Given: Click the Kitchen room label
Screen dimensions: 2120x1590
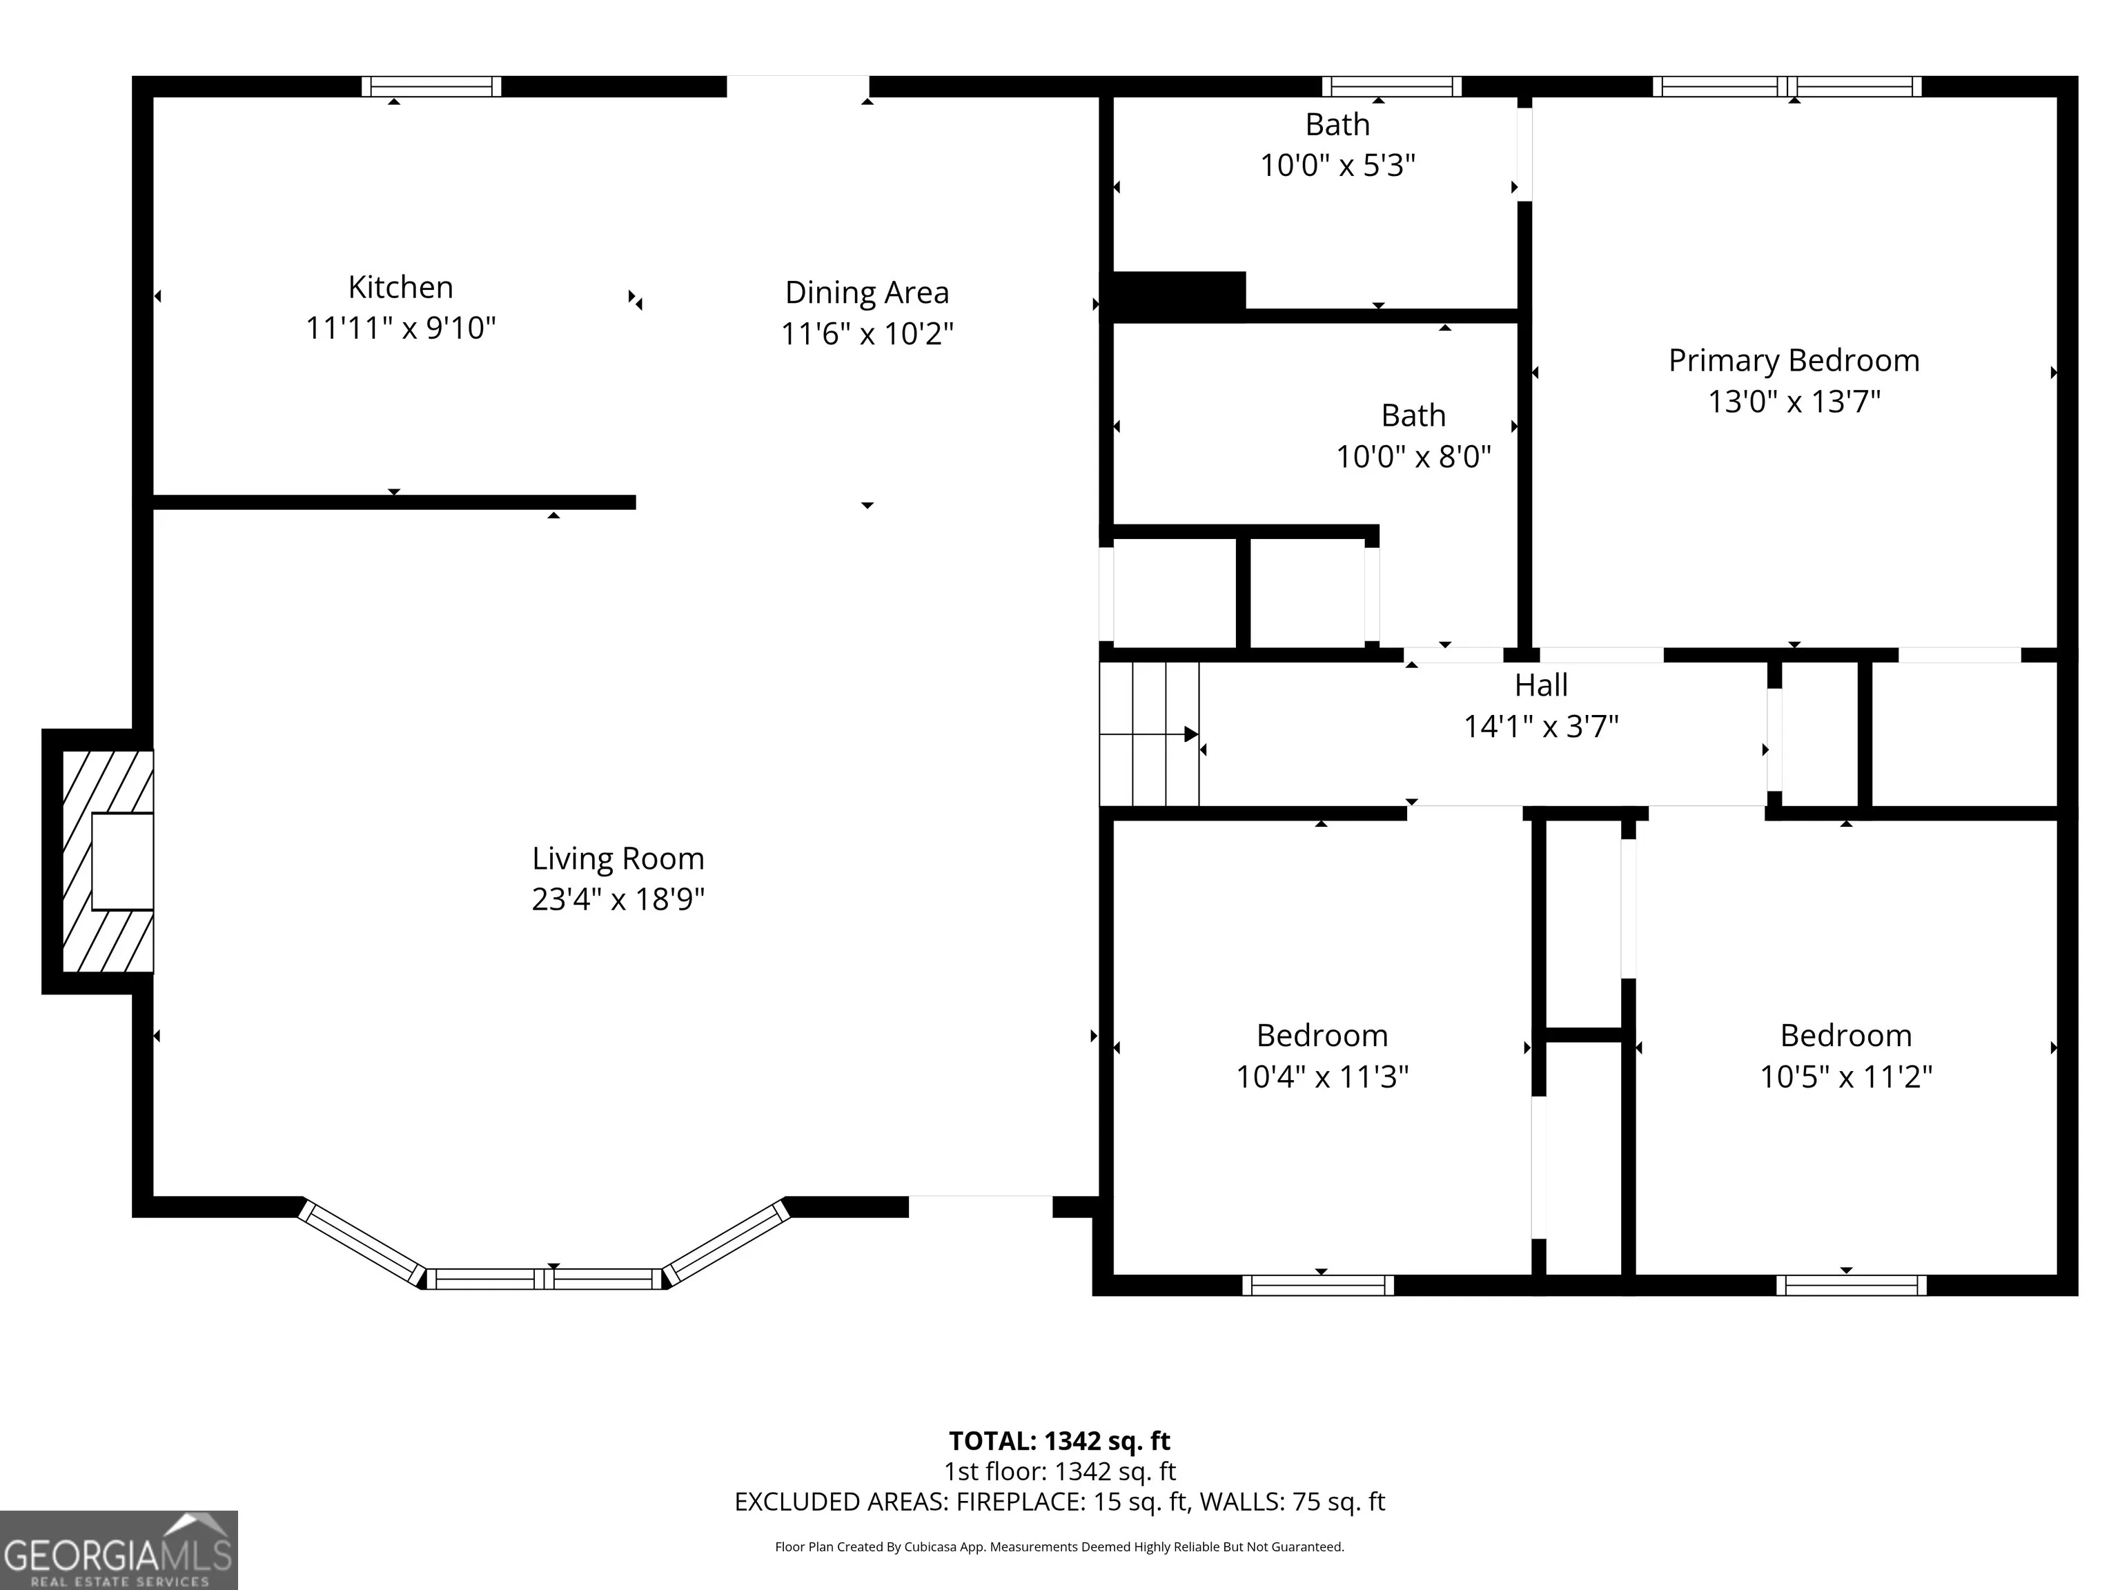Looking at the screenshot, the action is click(x=401, y=288).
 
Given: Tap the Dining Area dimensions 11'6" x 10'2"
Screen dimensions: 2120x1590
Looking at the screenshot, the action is click(x=867, y=333).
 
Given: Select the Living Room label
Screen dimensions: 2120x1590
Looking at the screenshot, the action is click(x=618, y=858).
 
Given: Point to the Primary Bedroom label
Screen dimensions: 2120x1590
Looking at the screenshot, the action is click(x=1794, y=362).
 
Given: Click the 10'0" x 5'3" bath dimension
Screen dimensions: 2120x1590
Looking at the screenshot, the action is click(x=1338, y=166).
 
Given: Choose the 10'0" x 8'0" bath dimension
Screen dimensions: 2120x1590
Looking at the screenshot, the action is click(x=1413, y=457).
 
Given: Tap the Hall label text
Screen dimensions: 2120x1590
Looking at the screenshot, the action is click(x=1541, y=685).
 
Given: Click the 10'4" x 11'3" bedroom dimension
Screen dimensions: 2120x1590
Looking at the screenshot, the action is click(x=1323, y=1077).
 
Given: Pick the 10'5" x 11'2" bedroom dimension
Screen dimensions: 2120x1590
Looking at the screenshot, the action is click(x=1846, y=1077).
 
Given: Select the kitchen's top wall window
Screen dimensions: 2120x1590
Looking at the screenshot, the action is click(x=431, y=86).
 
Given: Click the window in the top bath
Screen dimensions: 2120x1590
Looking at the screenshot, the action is click(x=1392, y=86).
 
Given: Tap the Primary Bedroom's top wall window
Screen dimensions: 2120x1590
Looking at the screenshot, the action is click(x=1787, y=86).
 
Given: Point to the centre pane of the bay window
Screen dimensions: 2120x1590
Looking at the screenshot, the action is click(x=544, y=1279).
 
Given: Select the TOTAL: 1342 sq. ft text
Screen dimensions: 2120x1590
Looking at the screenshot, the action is click(x=1059, y=1442).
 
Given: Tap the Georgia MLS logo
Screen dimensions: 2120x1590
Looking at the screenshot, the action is click(x=119, y=1551).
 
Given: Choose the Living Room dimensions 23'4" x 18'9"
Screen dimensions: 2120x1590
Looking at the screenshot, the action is click(x=618, y=900).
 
